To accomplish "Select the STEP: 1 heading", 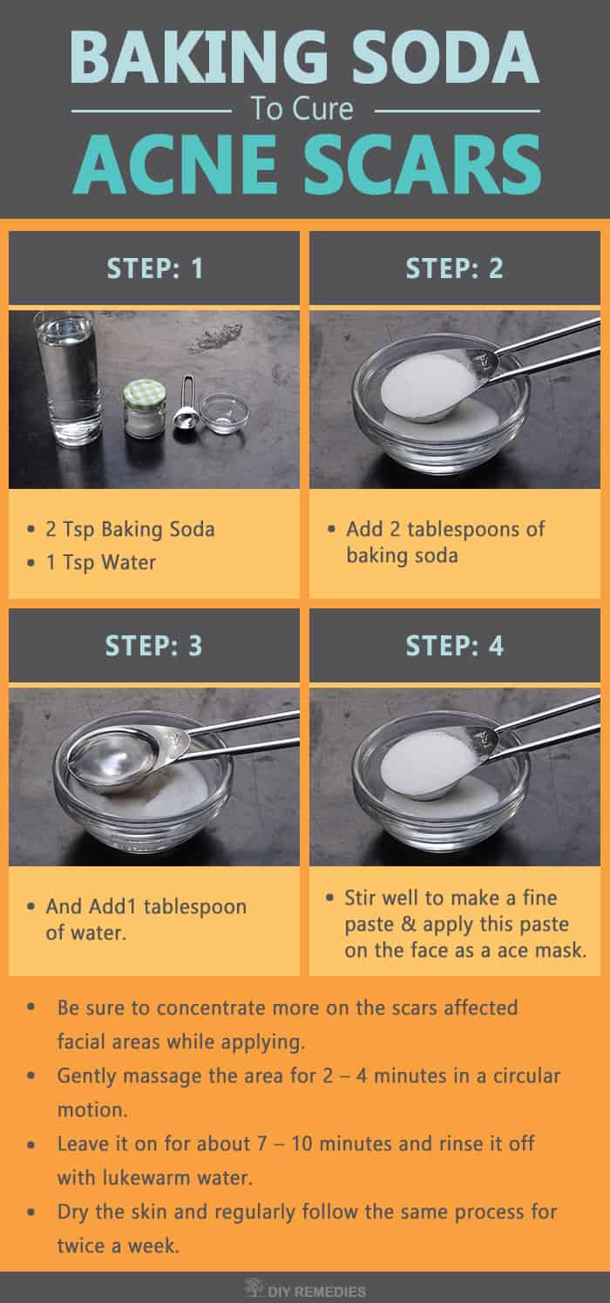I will [154, 268].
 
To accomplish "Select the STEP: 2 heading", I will [454, 268].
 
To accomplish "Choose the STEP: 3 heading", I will [154, 646].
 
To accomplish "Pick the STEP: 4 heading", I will [454, 646].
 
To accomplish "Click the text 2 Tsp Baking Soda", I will [131, 529].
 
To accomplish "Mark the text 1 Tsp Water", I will [101, 562].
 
